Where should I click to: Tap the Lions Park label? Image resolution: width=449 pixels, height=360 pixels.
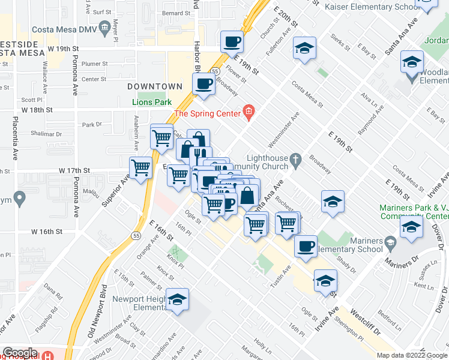click(x=151, y=102)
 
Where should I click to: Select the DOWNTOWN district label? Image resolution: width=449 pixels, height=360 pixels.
click(x=155, y=87)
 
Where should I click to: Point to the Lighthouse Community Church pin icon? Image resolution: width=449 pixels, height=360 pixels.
click(x=295, y=160)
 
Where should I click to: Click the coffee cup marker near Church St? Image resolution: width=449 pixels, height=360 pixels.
click(x=232, y=43)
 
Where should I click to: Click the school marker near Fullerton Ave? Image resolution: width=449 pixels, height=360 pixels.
click(x=304, y=49)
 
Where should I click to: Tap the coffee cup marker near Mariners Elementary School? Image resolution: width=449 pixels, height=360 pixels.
click(x=306, y=246)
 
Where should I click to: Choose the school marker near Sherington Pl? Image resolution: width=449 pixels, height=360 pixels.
click(x=325, y=280)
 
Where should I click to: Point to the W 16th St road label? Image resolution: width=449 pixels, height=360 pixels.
click(x=47, y=232)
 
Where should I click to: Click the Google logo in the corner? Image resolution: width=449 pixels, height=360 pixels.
click(x=20, y=353)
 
